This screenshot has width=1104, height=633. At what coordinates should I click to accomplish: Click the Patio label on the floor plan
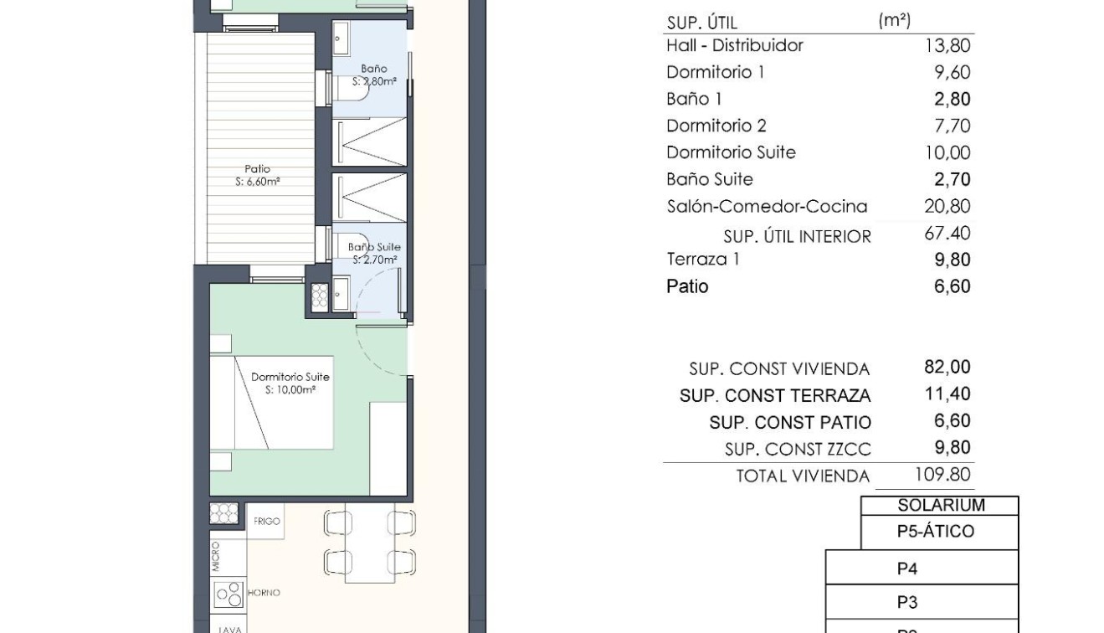(x=257, y=169)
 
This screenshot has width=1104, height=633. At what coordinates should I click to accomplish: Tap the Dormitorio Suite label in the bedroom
(x=290, y=378)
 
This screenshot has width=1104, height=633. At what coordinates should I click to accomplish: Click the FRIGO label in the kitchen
(x=267, y=522)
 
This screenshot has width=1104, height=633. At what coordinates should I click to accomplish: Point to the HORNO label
(x=264, y=593)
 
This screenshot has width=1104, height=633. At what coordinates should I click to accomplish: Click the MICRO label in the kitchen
(x=216, y=557)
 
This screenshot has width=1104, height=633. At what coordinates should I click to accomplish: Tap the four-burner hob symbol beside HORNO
(x=228, y=594)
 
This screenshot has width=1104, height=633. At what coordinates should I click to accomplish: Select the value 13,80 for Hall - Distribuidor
(x=947, y=46)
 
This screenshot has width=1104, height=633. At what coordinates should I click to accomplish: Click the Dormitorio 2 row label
(x=716, y=126)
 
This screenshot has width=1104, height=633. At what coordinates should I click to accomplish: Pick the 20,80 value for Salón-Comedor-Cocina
(x=947, y=207)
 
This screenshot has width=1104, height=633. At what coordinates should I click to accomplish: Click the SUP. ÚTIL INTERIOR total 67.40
(x=947, y=234)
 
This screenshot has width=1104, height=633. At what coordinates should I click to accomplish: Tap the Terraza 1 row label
(x=702, y=260)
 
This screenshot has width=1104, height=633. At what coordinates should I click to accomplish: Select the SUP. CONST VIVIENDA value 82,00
(x=947, y=368)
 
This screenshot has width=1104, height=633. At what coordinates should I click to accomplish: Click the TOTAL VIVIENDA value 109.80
(x=942, y=475)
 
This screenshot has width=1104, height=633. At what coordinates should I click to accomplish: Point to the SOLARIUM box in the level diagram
(x=940, y=506)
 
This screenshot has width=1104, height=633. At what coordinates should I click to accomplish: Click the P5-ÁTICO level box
(x=940, y=532)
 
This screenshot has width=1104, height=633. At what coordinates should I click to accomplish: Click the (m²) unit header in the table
(x=894, y=21)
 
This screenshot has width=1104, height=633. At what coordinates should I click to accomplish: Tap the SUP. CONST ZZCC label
(x=797, y=450)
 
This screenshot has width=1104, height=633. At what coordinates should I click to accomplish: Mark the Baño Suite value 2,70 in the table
(x=952, y=180)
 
